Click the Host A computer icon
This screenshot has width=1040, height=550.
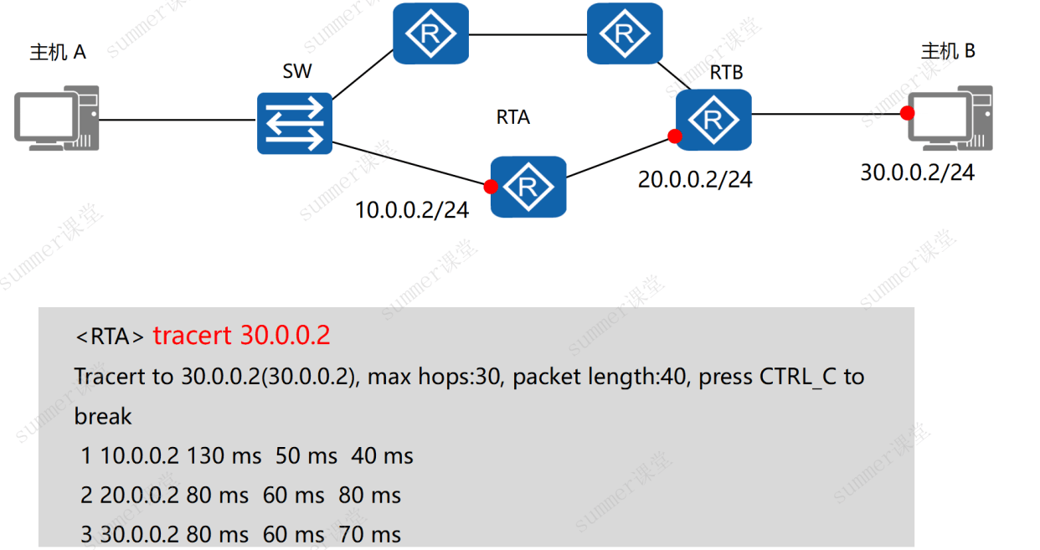(57, 118)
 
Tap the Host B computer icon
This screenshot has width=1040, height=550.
(950, 118)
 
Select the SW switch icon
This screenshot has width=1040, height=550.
(295, 123)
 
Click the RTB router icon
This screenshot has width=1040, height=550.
(713, 120)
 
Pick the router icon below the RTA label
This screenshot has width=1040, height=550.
(528, 187)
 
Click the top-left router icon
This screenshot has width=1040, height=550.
(431, 33)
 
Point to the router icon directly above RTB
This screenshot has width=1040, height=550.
(625, 33)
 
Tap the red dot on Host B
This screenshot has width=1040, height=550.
(907, 113)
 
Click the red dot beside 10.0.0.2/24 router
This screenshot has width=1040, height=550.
(491, 187)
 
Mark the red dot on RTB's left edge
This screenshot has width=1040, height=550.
(675, 136)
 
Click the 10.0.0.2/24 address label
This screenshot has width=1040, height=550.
(412, 210)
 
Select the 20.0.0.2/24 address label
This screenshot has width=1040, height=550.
(694, 180)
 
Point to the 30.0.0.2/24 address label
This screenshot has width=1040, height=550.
(918, 172)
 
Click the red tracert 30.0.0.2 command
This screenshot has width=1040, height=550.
(241, 335)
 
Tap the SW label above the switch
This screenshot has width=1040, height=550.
(297, 71)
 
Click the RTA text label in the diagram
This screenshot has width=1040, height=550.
(513, 117)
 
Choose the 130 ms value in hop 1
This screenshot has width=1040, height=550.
(224, 455)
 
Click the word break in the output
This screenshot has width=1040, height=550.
(103, 416)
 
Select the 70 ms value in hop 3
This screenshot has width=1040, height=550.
(369, 534)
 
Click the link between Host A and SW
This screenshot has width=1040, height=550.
(178, 120)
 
